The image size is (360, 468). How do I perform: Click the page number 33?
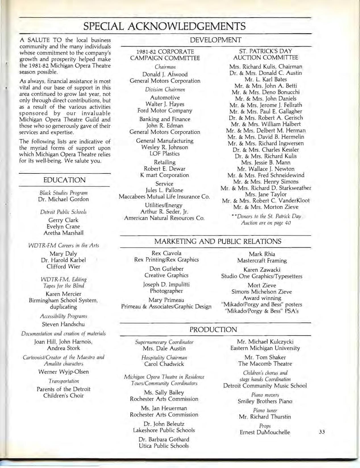click(322, 432)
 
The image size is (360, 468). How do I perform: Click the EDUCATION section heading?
click(64, 180)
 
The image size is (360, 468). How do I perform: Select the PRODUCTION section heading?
click(213, 330)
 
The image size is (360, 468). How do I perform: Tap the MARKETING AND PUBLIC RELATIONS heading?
click(218, 241)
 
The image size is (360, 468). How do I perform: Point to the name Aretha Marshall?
click(64, 233)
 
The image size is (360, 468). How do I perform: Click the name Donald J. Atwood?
click(165, 74)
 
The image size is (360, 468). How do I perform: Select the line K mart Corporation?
click(165, 175)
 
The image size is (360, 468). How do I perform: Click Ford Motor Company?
click(165, 110)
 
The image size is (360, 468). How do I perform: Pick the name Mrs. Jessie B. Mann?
click(266, 163)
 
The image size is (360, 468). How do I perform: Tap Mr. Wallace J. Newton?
click(266, 169)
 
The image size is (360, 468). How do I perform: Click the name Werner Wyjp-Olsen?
click(64, 372)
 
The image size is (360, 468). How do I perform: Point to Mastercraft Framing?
click(262, 260)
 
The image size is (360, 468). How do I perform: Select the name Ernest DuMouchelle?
click(265, 432)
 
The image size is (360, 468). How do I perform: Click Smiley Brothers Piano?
click(265, 401)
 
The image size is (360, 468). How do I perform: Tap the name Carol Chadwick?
click(164, 364)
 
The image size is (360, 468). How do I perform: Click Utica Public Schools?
click(164, 446)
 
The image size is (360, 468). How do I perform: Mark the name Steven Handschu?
click(63, 324)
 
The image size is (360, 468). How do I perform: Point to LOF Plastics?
click(165, 154)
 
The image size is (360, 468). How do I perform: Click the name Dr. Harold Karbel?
click(63, 260)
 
